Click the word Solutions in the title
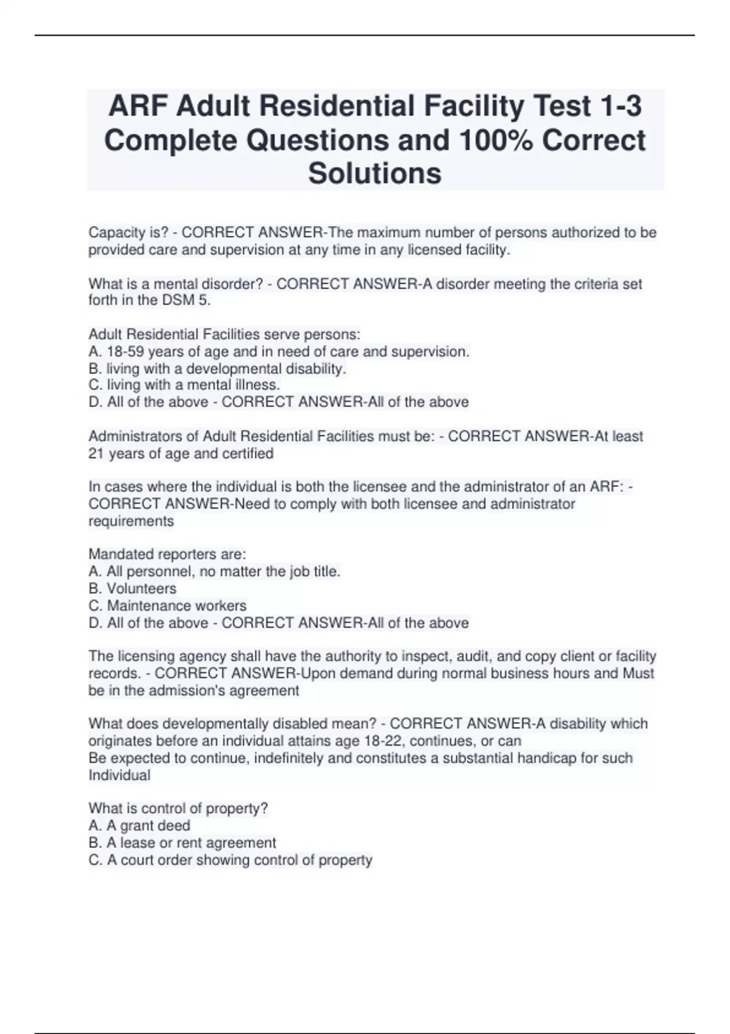[x=375, y=173]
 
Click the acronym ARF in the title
[x=137, y=106]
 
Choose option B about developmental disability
[x=217, y=369]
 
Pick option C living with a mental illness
[x=184, y=385]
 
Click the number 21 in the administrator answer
[x=97, y=453]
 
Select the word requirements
[x=131, y=521]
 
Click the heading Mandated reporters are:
[x=167, y=554]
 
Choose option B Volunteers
[x=133, y=589]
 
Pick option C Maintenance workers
[x=167, y=606]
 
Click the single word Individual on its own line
[x=119, y=775]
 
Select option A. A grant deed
[x=139, y=825]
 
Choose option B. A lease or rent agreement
[x=182, y=842]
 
